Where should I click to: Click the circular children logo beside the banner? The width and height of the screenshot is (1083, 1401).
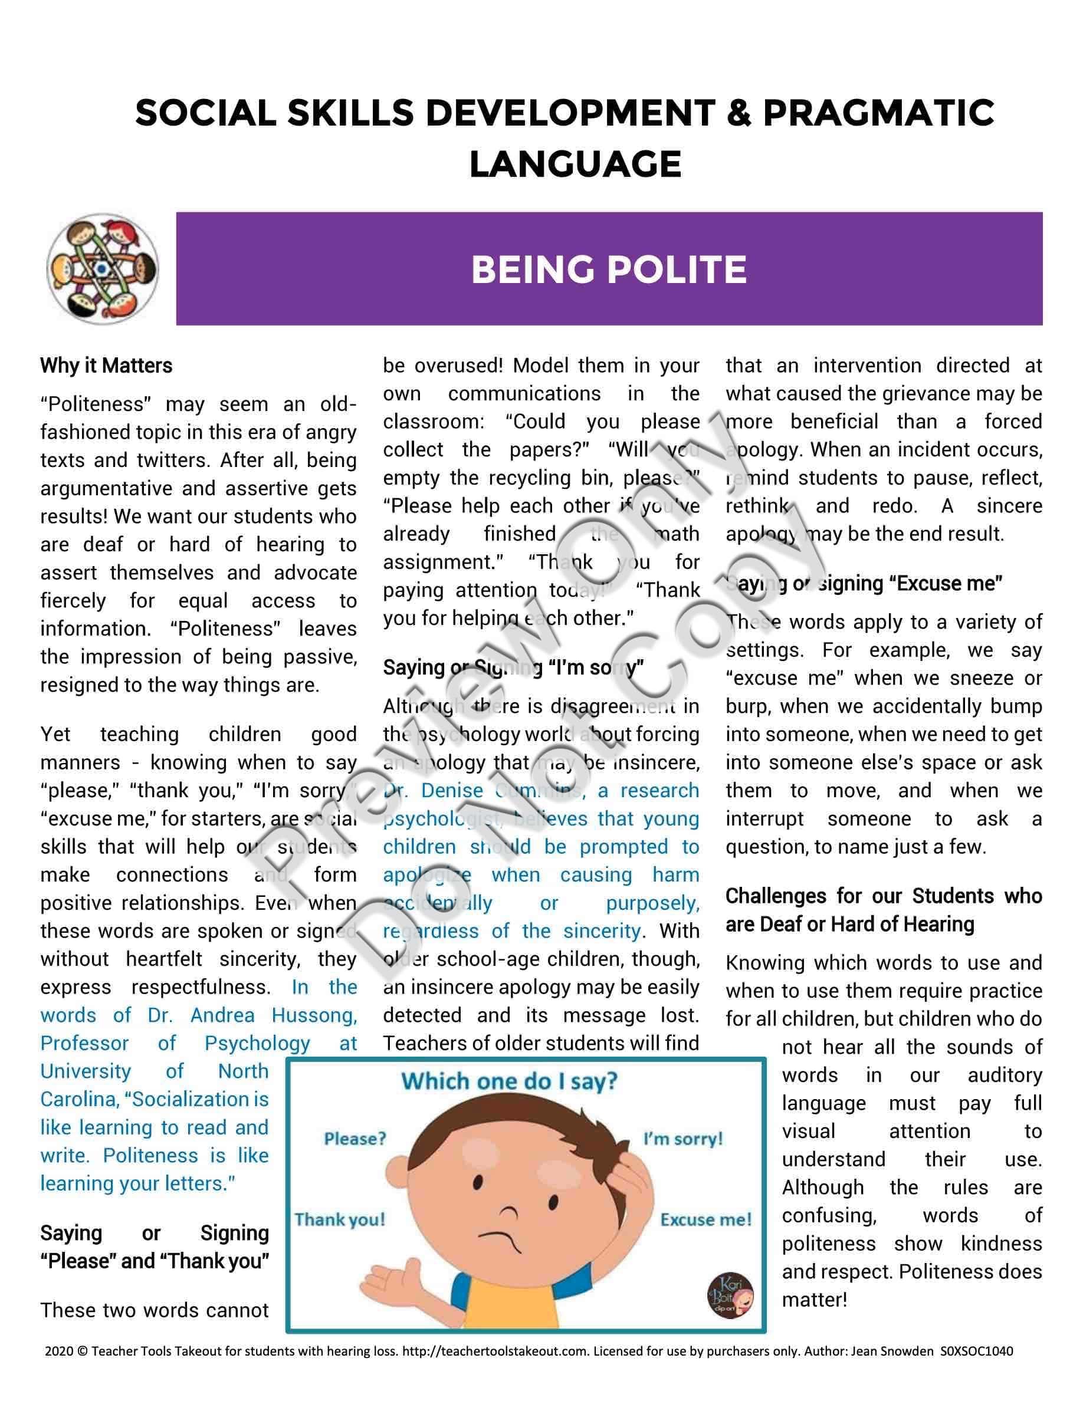point(103,269)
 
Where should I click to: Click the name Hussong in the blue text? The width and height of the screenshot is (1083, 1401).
point(314,1015)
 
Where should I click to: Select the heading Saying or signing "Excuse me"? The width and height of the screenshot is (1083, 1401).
point(864,583)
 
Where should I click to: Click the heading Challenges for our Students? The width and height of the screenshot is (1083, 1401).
point(884,896)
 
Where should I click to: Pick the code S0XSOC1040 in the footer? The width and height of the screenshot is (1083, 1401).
point(976,1351)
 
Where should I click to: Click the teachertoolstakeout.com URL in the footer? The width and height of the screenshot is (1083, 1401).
point(495,1351)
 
